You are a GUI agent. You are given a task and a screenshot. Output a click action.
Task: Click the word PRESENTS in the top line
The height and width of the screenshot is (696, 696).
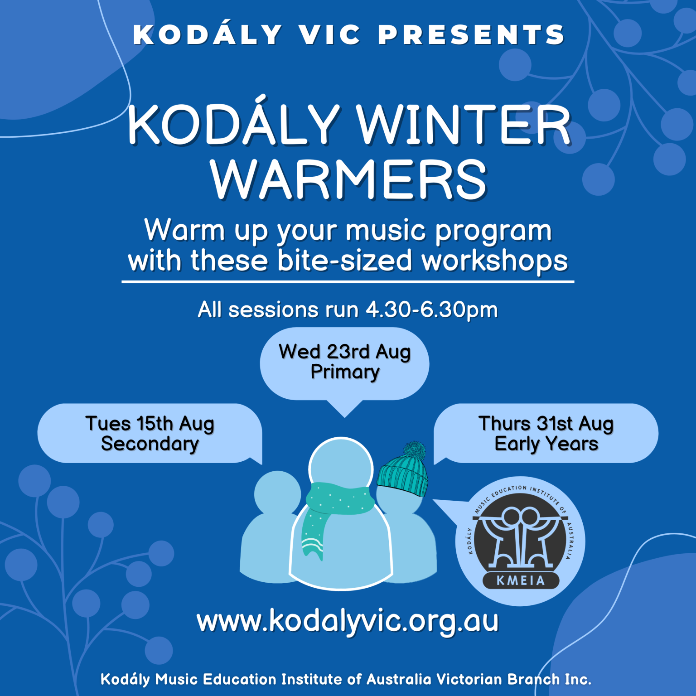(471, 34)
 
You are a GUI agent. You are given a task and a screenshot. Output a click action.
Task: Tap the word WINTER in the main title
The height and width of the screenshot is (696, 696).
(463, 125)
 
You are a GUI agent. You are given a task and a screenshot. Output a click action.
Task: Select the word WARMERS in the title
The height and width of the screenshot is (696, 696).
(349, 179)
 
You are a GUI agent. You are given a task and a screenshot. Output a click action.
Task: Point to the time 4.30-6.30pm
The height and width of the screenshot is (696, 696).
(431, 310)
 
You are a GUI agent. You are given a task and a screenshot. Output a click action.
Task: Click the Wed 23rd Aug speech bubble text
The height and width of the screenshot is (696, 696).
(345, 352)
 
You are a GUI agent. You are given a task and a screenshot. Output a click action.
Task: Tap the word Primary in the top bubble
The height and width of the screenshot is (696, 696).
(345, 372)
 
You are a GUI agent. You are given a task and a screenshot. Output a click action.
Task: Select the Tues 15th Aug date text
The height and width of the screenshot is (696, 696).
(150, 424)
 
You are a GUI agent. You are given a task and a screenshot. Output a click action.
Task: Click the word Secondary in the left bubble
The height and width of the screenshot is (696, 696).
(150, 444)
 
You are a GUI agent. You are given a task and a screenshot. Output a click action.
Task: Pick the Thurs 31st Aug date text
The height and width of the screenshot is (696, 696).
(546, 424)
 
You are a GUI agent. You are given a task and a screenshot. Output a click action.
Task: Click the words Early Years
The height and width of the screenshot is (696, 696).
(546, 444)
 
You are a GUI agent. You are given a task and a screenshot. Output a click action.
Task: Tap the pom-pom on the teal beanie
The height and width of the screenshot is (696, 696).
(414, 450)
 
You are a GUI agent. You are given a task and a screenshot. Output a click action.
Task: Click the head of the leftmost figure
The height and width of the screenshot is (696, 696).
(277, 493)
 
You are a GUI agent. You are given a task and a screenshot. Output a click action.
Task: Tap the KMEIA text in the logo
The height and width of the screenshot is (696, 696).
(521, 580)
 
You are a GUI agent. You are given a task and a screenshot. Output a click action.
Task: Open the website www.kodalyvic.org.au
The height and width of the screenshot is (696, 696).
(348, 621)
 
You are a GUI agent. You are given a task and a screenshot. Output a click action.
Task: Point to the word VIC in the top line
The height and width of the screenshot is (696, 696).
(329, 34)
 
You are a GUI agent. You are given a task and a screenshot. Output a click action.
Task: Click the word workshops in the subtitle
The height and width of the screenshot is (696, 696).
(495, 261)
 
